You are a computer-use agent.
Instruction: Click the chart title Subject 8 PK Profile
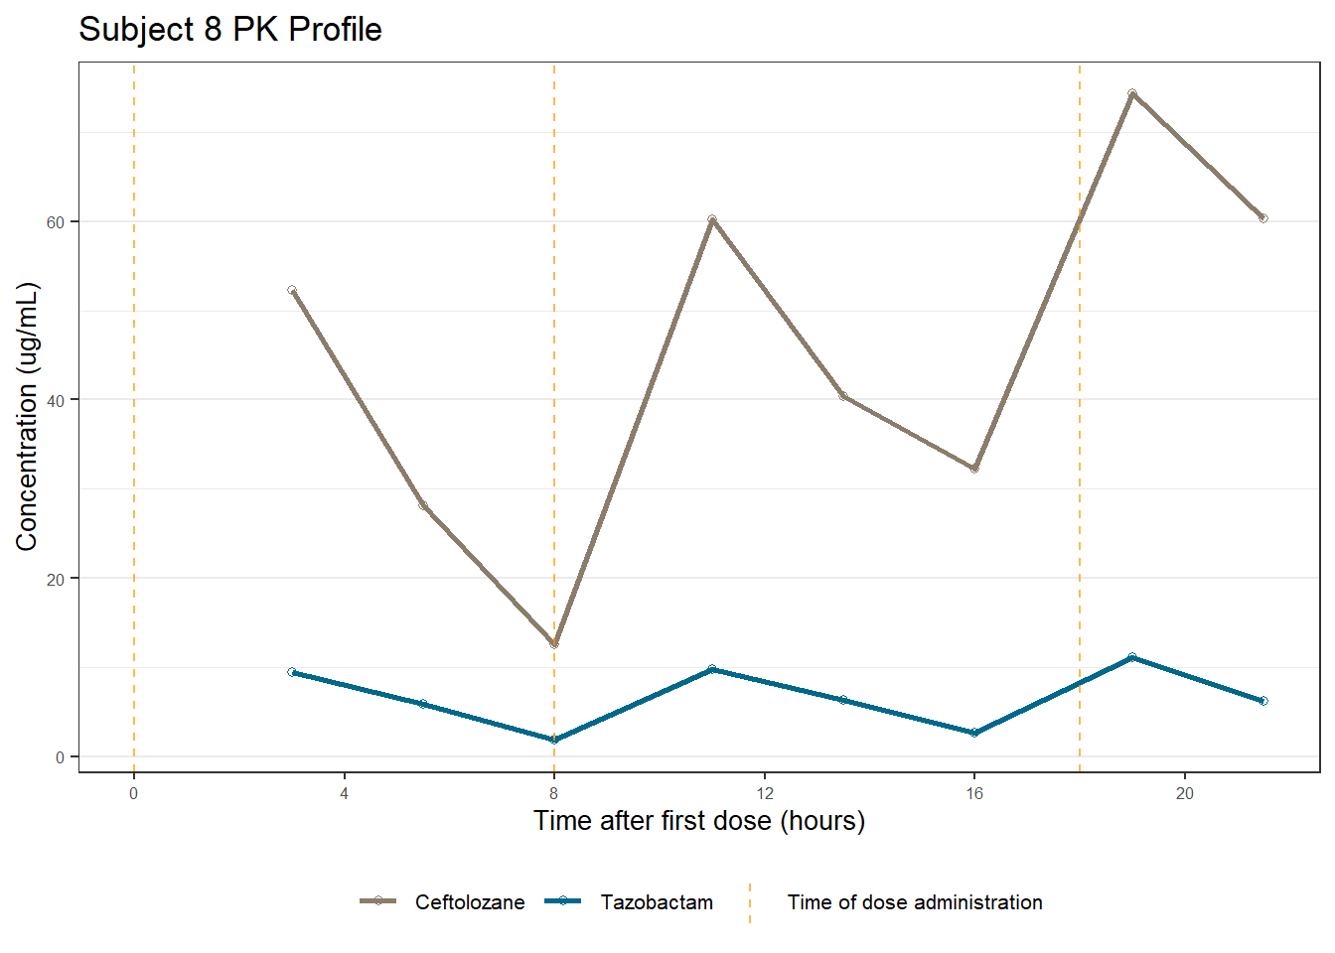point(230,30)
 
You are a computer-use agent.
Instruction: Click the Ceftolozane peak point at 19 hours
point(1132,94)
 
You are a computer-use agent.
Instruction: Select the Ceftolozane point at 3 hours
point(292,291)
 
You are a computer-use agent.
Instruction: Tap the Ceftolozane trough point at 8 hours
point(554,644)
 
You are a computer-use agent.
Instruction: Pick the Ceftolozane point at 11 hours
point(712,219)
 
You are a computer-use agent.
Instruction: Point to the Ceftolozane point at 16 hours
point(974,469)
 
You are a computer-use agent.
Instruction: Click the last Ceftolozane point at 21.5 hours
point(1263,218)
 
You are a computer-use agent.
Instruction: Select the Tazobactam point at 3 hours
point(292,672)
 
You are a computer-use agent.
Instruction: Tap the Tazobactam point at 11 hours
point(712,669)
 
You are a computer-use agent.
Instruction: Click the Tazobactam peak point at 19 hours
point(1132,657)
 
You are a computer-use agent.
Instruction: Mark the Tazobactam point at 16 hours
point(974,733)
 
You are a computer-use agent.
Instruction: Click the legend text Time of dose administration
point(914,902)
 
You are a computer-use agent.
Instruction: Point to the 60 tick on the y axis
point(56,222)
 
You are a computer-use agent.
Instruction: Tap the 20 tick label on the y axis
point(56,579)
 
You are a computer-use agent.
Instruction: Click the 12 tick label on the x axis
point(765,793)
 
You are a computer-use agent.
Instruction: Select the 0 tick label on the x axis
point(134,793)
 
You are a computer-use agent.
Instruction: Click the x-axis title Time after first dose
point(699,821)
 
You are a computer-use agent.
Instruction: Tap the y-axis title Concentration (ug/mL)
point(27,417)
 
